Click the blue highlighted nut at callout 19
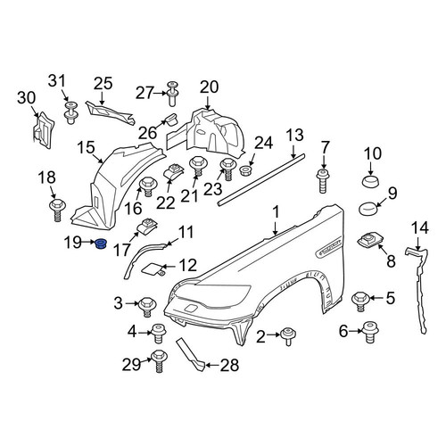tap(101, 244)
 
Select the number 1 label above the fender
tap(277, 213)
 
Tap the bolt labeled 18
tap(57, 210)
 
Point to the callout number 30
tap(27, 98)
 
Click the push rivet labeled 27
tap(172, 93)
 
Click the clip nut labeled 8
tap(368, 240)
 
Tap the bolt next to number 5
tap(360, 301)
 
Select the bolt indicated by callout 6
tap(370, 333)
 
